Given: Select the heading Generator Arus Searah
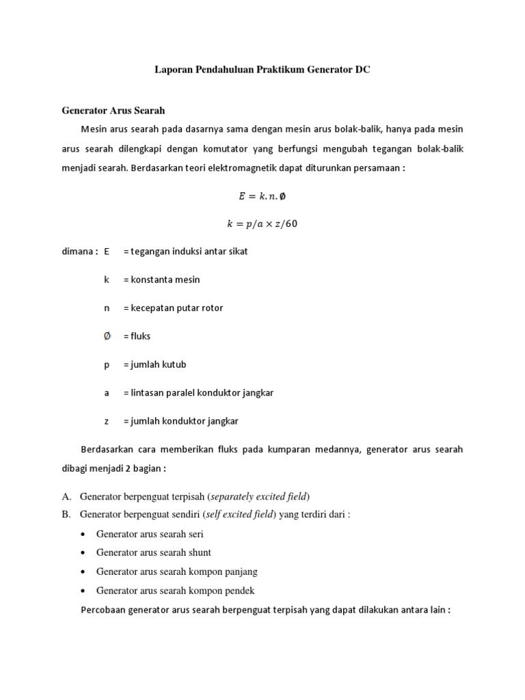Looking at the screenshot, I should click(x=113, y=109).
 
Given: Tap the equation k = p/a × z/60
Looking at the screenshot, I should click(x=262, y=223).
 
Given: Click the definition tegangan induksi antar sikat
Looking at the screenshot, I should click(x=185, y=251).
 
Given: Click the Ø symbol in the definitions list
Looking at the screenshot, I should click(x=107, y=336).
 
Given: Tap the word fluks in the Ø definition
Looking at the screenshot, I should click(x=141, y=336).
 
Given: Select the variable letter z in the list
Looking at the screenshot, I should click(x=107, y=421).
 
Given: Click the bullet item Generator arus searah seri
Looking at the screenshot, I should click(x=150, y=534).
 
